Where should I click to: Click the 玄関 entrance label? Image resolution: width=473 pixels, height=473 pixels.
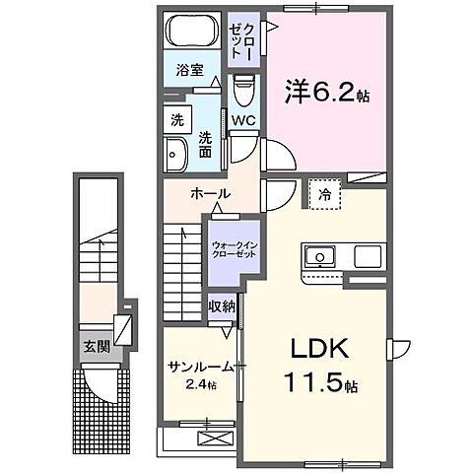pyautogui.click(x=96, y=346)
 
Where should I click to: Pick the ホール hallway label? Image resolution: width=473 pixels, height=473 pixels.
pyautogui.click(x=212, y=193)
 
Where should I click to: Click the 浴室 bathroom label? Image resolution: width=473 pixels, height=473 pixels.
pyautogui.click(x=189, y=71)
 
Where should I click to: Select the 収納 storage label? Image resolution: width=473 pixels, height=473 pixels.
pyautogui.click(x=222, y=306)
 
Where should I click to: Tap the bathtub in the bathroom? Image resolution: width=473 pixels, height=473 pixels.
pyautogui.click(x=191, y=32)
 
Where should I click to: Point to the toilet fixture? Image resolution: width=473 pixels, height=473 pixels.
pyautogui.click(x=244, y=91)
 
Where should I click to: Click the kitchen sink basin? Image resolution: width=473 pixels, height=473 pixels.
pyautogui.click(x=319, y=258)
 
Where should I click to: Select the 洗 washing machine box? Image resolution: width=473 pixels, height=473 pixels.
pyautogui.click(x=177, y=121)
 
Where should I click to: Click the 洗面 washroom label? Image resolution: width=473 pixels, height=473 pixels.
pyautogui.click(x=206, y=144)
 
